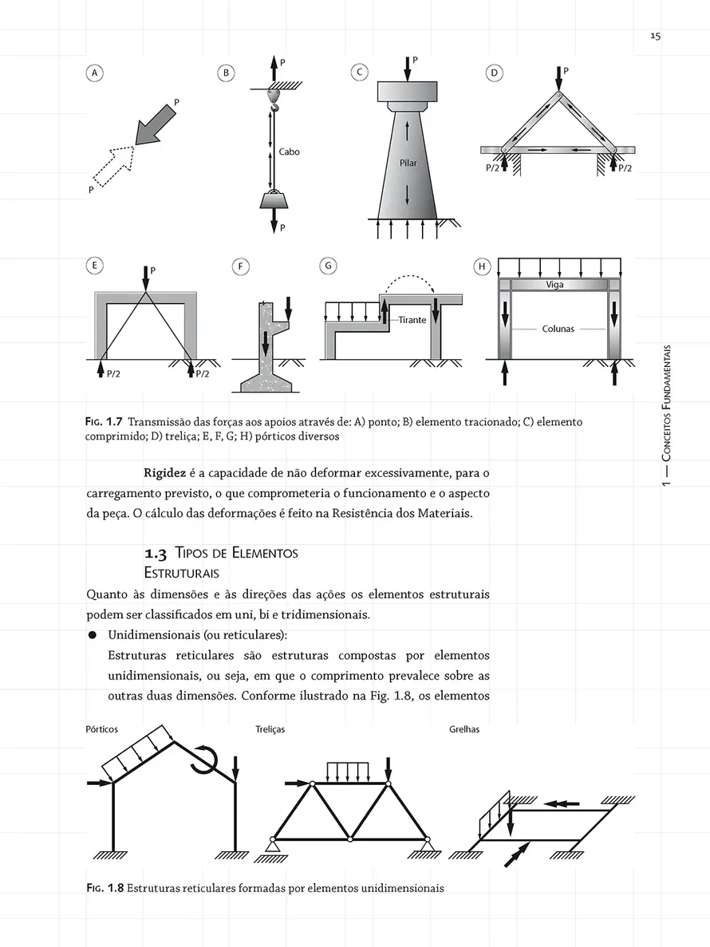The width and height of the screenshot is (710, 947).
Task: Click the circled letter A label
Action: click(x=93, y=73)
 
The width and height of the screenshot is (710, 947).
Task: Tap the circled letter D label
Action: click(x=494, y=73)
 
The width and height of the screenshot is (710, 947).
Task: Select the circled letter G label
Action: click(x=328, y=266)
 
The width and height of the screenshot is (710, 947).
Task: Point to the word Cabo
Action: click(x=290, y=152)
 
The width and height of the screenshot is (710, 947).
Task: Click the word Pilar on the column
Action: click(x=408, y=163)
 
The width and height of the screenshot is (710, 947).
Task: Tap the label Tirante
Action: click(x=412, y=320)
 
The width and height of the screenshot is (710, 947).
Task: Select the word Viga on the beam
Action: click(x=554, y=285)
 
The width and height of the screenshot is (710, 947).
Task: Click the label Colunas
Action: click(x=558, y=329)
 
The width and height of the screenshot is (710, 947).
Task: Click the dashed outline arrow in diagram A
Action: click(x=113, y=166)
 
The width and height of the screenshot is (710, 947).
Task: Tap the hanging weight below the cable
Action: click(x=274, y=199)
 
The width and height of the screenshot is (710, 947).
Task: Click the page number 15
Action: click(x=655, y=36)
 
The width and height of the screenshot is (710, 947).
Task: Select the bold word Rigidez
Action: click(x=164, y=472)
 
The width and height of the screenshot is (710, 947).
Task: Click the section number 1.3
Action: click(x=156, y=553)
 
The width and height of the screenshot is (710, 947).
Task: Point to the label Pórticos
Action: click(x=102, y=729)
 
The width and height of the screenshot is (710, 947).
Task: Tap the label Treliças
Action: click(x=270, y=729)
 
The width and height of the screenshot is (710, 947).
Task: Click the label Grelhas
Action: click(x=464, y=729)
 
